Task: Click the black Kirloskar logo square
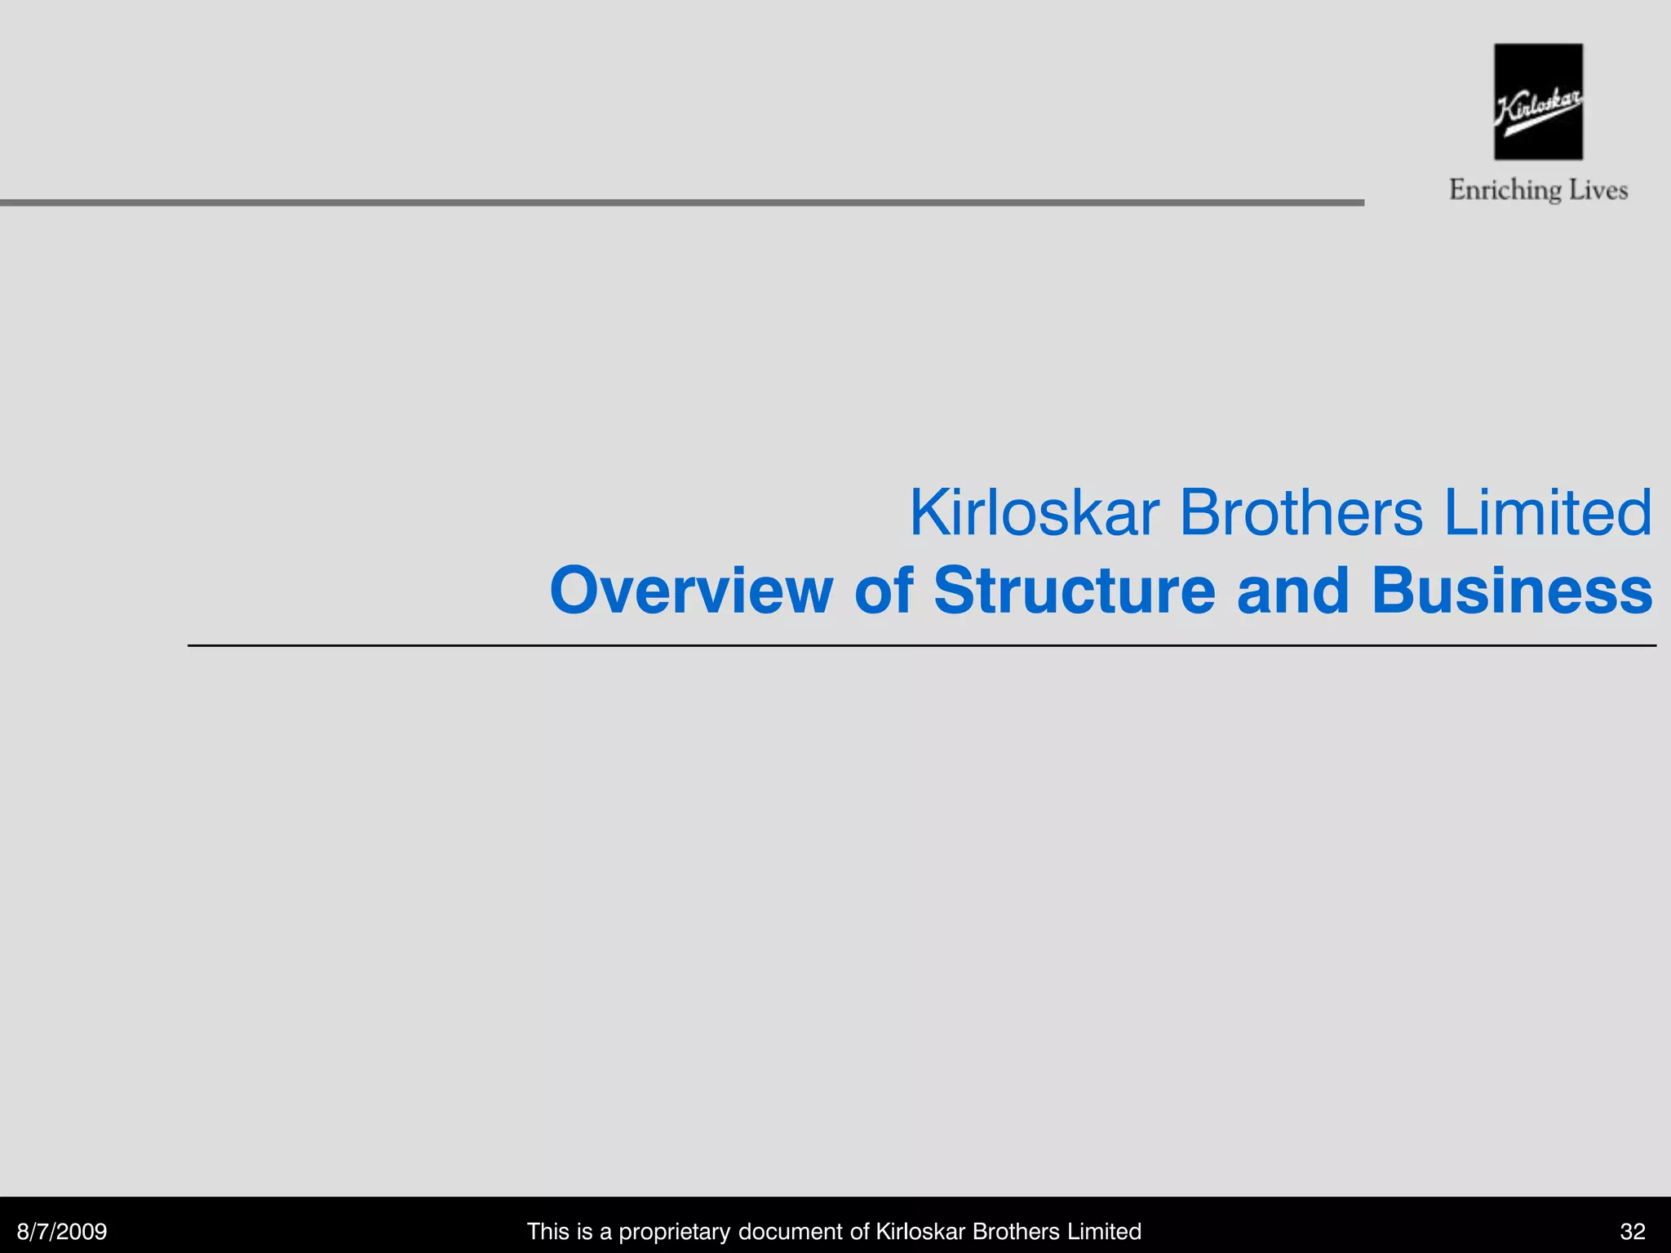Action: [1538, 101]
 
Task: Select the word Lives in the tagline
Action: [1598, 190]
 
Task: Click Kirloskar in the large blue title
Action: [1034, 513]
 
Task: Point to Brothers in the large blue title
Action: [1301, 513]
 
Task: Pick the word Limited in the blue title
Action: [1548, 513]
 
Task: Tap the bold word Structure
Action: [1075, 590]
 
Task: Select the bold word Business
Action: [1512, 590]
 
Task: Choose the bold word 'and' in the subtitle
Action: [1293, 590]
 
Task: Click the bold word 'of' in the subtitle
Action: [884, 590]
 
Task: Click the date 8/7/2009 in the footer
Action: [62, 1231]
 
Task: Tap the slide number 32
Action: [1633, 1231]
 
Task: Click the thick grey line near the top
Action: [681, 202]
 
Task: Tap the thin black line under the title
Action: [922, 645]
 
